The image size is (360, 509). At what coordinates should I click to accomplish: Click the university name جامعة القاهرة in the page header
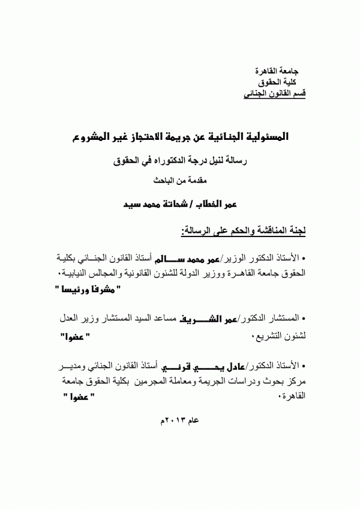pyautogui.click(x=283, y=70)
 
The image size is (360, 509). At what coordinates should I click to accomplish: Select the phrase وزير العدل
pyautogui.click(x=74, y=318)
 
